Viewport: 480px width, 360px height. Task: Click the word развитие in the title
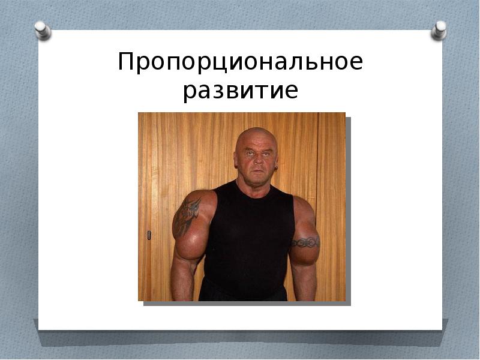(x=240, y=91)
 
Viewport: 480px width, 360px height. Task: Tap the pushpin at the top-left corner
(x=42, y=30)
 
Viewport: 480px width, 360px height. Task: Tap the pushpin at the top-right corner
(x=440, y=30)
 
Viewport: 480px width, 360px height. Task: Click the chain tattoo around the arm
(x=305, y=242)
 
